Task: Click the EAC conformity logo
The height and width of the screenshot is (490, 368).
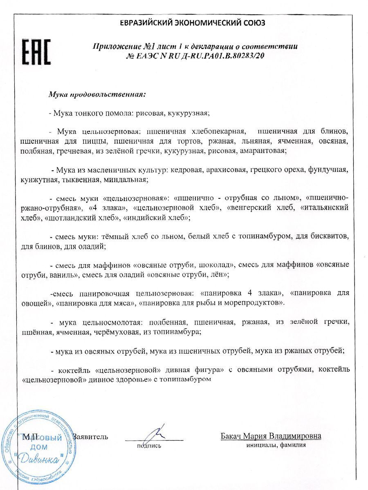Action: pos(36,52)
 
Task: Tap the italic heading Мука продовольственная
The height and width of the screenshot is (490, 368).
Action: pos(97,94)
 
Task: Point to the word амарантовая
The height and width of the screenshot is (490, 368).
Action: pos(264,151)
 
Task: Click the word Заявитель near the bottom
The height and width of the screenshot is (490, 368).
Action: pos(90,437)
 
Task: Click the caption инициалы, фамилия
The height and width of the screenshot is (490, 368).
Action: pos(276,445)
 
